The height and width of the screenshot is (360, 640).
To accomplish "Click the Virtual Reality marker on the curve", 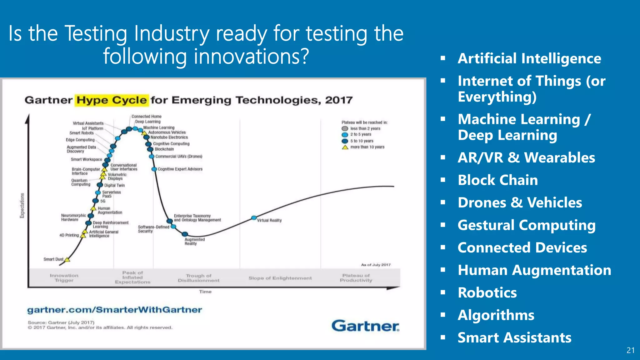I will (254, 218).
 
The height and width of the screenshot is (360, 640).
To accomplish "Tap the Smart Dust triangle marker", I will (67, 259).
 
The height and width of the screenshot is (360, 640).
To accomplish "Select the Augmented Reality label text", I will (194, 242).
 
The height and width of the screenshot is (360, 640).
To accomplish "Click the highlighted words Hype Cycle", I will (112, 100).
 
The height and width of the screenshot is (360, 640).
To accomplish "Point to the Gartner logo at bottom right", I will (365, 326).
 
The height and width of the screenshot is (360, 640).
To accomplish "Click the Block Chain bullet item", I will (497, 180).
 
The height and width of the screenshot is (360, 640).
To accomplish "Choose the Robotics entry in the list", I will (487, 292).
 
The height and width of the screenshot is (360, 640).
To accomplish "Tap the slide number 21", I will (630, 350).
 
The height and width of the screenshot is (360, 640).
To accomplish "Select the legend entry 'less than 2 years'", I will (365, 128).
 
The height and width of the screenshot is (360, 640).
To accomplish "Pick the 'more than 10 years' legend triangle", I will (345, 147).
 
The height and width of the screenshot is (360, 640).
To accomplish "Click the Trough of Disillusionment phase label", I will (199, 278).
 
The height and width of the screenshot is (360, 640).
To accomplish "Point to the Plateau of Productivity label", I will (356, 278).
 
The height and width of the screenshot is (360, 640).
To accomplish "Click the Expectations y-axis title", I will (22, 205).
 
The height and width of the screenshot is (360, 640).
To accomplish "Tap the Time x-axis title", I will (205, 292).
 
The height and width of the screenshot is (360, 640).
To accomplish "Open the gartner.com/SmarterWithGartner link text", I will (115, 310).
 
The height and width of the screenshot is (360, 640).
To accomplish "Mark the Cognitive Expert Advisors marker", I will (154, 169).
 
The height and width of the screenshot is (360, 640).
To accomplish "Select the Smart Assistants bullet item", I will (514, 337).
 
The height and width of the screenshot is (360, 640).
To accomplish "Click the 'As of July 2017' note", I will (376, 265).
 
